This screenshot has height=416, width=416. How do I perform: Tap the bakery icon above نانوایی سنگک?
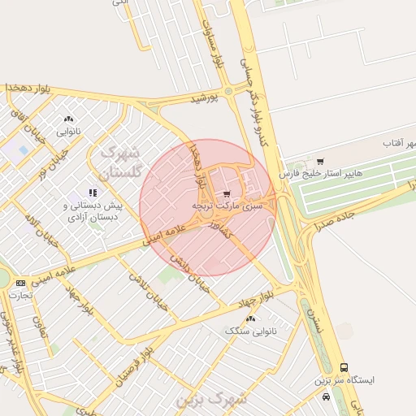point(250,319)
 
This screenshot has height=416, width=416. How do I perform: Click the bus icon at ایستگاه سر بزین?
point(344,368)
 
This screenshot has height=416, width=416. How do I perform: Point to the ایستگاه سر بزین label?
point(345,380)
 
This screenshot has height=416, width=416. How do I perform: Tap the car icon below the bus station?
point(326,397)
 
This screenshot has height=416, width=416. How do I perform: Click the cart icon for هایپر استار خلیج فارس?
point(320,162)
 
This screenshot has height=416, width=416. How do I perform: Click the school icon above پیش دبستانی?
point(93,193)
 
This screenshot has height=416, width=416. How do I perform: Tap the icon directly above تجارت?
point(19,283)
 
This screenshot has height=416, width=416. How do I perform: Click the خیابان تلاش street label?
point(147,284)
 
